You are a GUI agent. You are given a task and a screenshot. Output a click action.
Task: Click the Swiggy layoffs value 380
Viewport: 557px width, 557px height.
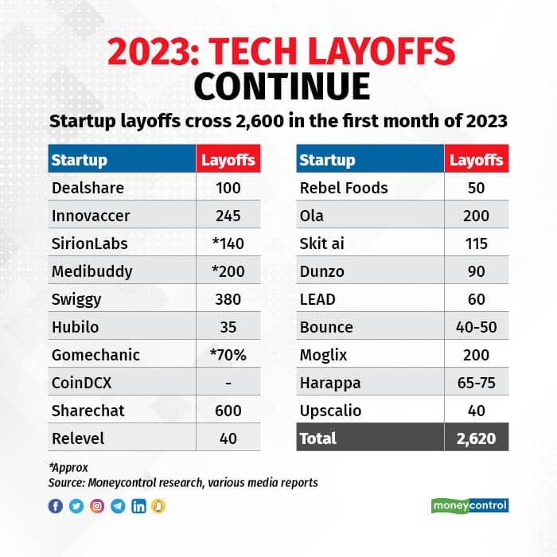(x=228, y=299)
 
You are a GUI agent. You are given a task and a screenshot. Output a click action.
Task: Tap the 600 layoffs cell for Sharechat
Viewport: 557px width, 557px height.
(x=228, y=411)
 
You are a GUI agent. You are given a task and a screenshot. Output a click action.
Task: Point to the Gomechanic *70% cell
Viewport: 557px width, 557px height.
(x=228, y=355)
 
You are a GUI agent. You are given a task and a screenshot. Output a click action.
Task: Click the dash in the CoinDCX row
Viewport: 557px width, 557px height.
(x=228, y=383)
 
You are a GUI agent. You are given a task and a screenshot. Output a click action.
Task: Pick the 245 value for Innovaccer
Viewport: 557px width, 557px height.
(x=228, y=216)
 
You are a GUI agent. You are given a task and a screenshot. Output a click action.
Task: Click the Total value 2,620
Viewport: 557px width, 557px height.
(x=476, y=438)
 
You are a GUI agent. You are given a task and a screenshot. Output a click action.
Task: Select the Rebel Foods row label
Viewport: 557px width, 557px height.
(x=343, y=188)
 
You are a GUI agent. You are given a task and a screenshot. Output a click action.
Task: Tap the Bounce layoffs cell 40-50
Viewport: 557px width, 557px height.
(x=476, y=327)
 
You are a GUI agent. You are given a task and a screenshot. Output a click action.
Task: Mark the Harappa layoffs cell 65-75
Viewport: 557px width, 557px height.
(x=476, y=383)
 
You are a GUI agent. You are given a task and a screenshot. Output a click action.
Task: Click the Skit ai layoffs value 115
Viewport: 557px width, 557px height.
(x=476, y=243)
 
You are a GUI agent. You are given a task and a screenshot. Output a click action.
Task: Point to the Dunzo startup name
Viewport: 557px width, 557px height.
(x=322, y=271)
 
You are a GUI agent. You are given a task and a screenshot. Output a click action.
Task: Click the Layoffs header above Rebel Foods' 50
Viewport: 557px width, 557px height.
(x=476, y=160)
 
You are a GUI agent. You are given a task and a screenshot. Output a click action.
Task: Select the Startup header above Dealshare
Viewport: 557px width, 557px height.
(x=79, y=160)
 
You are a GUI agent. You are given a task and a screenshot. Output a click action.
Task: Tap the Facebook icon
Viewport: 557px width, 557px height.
(x=56, y=506)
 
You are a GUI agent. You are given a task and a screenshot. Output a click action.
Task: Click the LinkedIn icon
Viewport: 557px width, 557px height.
(x=138, y=506)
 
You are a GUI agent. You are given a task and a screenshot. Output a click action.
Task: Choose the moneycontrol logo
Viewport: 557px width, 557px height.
(x=469, y=506)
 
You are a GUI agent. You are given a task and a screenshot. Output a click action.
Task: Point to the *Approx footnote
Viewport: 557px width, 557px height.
(x=68, y=468)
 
